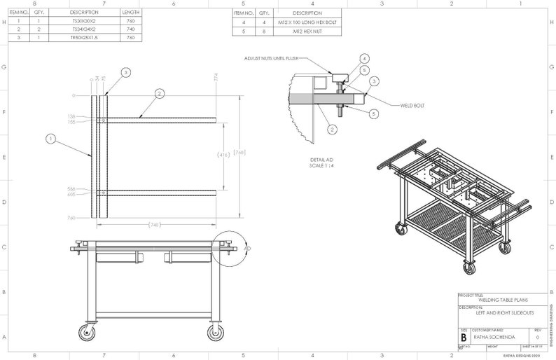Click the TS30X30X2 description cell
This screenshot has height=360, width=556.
84,21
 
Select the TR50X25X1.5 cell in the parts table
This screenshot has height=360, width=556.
84,38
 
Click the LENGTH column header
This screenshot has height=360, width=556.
130,13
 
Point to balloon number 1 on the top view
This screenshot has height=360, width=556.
51,139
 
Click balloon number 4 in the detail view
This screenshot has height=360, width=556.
365,58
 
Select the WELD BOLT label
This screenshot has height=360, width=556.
413,106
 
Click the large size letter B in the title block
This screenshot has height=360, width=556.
464,337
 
